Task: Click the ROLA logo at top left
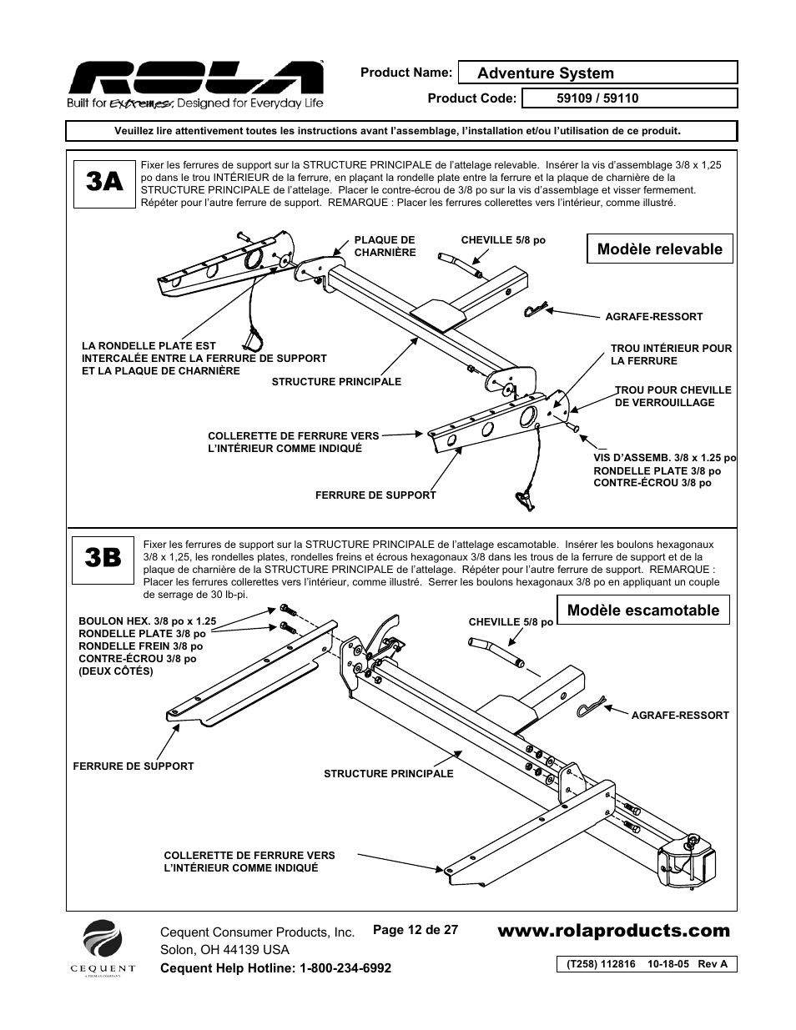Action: (195, 84)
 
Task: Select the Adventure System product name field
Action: (599, 73)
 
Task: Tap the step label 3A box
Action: (103, 181)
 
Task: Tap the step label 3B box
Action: (103, 558)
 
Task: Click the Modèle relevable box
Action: (660, 249)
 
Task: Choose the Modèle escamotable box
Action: (643, 610)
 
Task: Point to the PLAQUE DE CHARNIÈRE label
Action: (385, 246)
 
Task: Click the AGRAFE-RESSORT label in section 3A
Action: (653, 317)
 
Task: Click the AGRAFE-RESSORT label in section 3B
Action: (680, 716)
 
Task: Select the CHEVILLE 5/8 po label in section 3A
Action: (503, 240)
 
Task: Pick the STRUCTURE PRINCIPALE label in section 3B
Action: (388, 774)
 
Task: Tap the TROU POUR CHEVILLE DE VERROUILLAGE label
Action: (673, 396)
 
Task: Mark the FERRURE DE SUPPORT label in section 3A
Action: (375, 495)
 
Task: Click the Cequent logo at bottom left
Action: (108, 947)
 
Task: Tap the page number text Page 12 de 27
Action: (416, 929)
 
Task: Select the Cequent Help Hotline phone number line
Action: (275, 967)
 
